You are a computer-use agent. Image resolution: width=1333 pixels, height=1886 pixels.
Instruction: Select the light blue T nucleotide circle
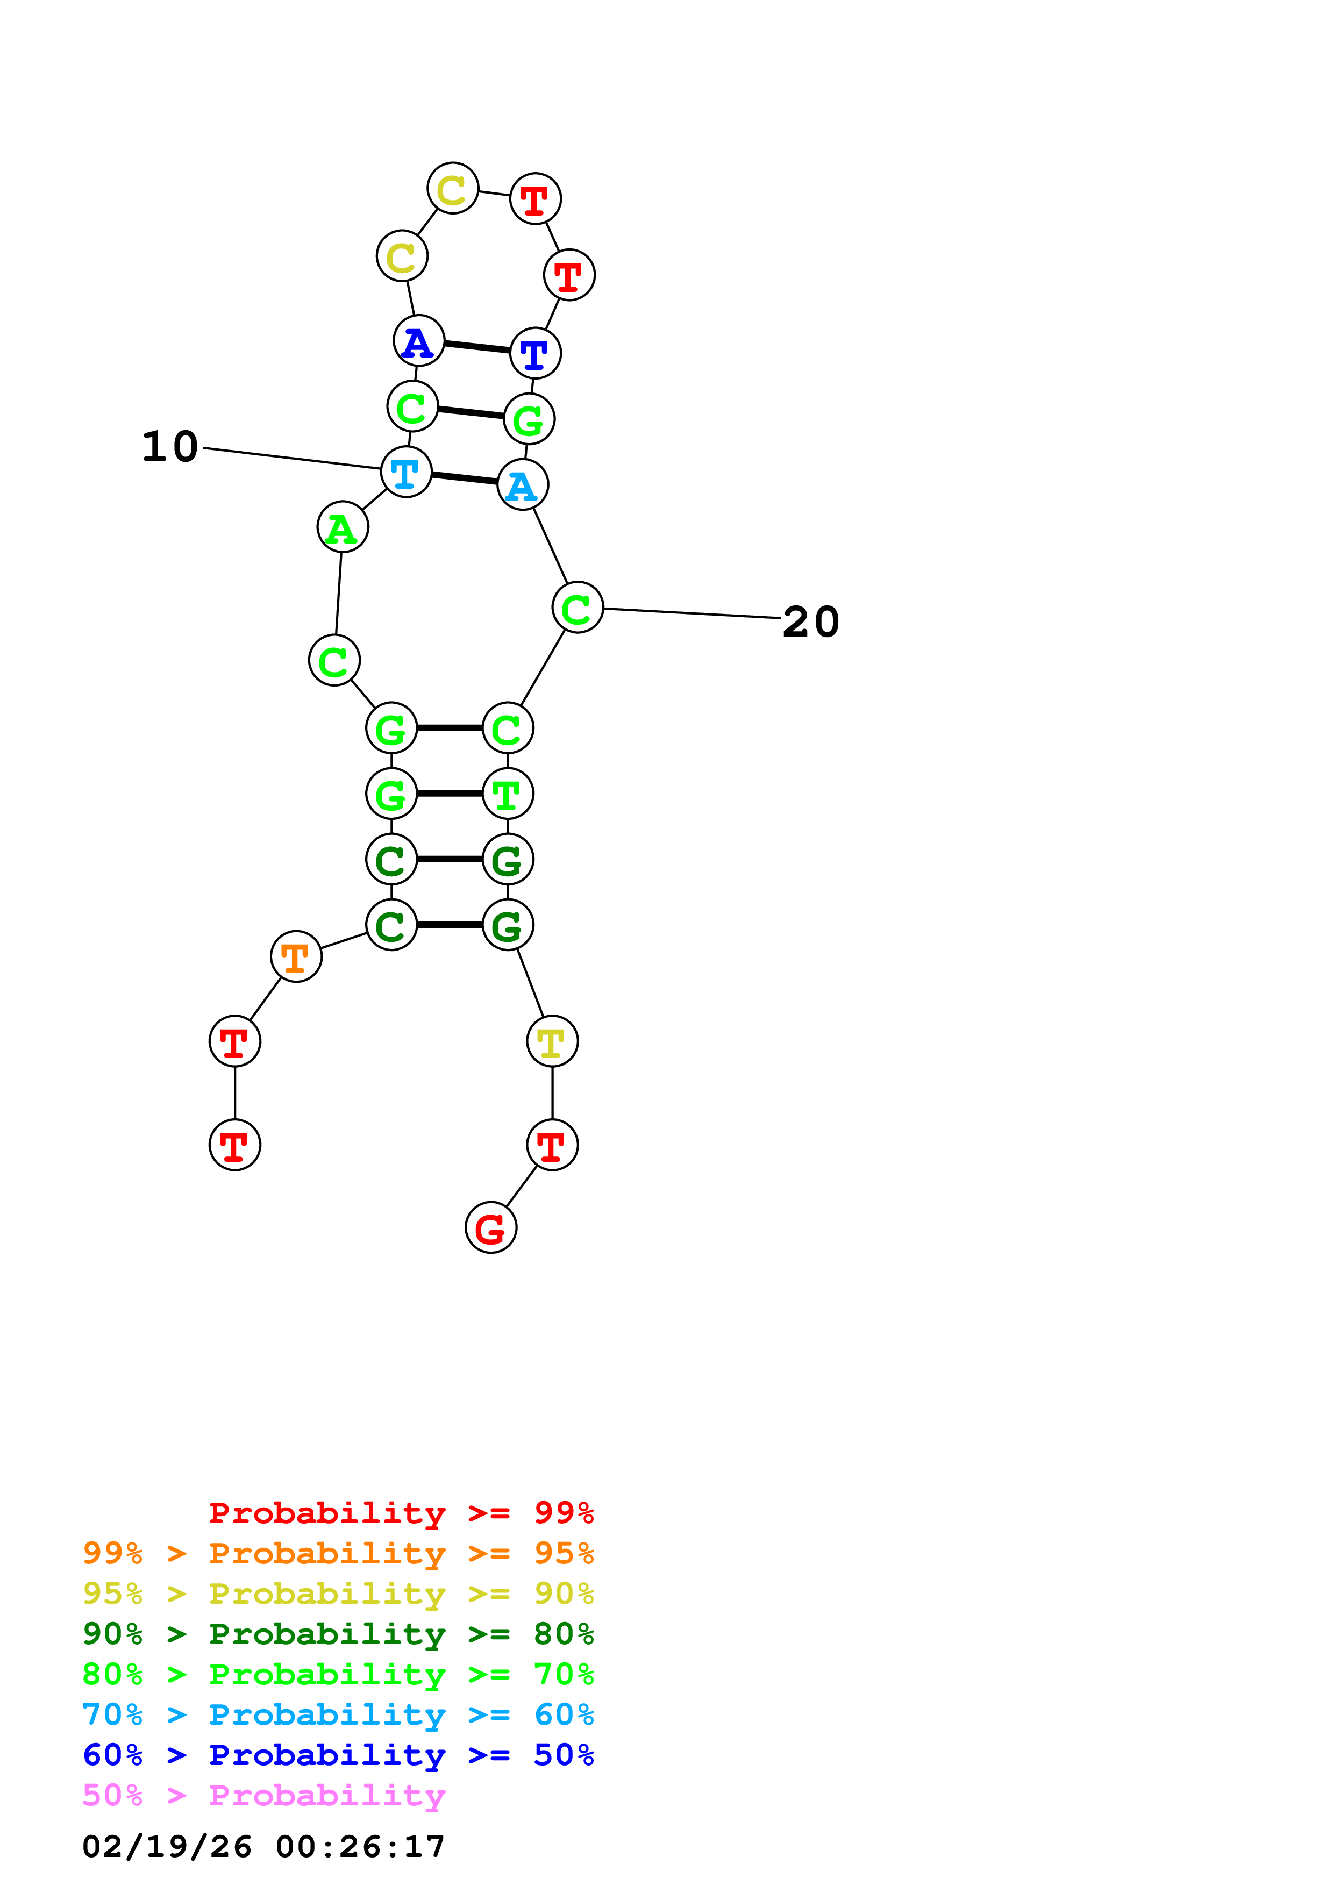pyautogui.click(x=406, y=473)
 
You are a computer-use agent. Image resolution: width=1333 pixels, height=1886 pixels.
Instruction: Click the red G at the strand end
pyautogui.click(x=491, y=1227)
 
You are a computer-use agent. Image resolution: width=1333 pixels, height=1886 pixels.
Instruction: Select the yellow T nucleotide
pyautogui.click(x=552, y=1041)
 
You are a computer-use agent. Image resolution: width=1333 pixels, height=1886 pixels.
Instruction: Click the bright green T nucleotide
pyautogui.click(x=508, y=794)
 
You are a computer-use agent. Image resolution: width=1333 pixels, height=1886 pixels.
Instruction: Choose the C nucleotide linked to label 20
pyautogui.click(x=578, y=608)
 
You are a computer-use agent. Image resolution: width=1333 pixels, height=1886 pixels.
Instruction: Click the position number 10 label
pyautogui.click(x=170, y=447)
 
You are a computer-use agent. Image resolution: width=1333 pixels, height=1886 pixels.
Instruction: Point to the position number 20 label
pyautogui.click(x=811, y=622)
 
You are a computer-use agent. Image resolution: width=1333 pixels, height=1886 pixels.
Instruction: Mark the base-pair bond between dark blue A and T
pyautogui.click(x=477, y=347)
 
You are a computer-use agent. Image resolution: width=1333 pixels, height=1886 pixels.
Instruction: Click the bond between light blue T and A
pyautogui.click(x=464, y=478)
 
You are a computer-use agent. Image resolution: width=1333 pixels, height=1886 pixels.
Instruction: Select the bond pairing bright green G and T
pyautogui.click(x=449, y=794)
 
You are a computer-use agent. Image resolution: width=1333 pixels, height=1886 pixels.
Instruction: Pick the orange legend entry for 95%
pyautogui.click(x=338, y=1553)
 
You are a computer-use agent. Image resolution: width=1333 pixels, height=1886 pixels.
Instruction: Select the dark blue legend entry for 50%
pyautogui.click(x=338, y=1755)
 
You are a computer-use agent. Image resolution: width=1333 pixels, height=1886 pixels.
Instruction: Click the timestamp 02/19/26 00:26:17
pyautogui.click(x=263, y=1847)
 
